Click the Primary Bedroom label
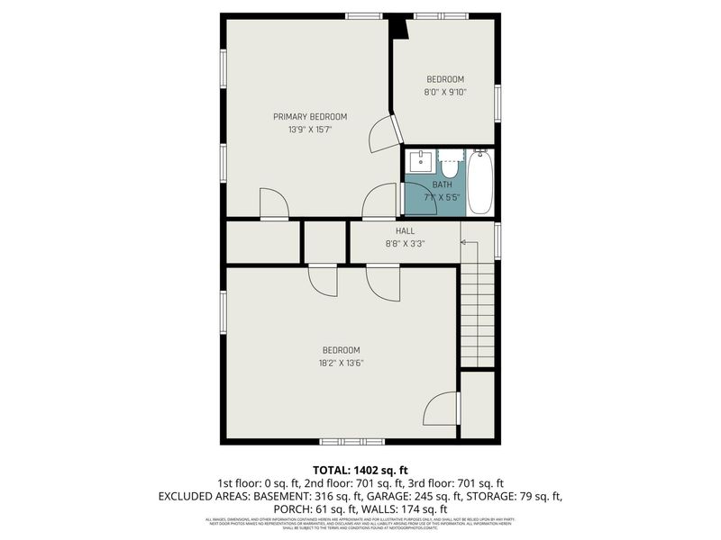point(310,117)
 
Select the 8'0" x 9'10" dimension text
point(445,92)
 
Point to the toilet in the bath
point(449,164)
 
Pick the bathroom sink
point(421,163)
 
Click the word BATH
point(443,184)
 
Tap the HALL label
point(405,231)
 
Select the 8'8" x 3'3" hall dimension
point(405,243)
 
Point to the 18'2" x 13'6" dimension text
point(341,364)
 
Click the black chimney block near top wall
point(398,28)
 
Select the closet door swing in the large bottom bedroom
point(442,409)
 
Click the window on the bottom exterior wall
point(352,441)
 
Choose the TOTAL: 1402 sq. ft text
point(360,470)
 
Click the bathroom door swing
point(420,200)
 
